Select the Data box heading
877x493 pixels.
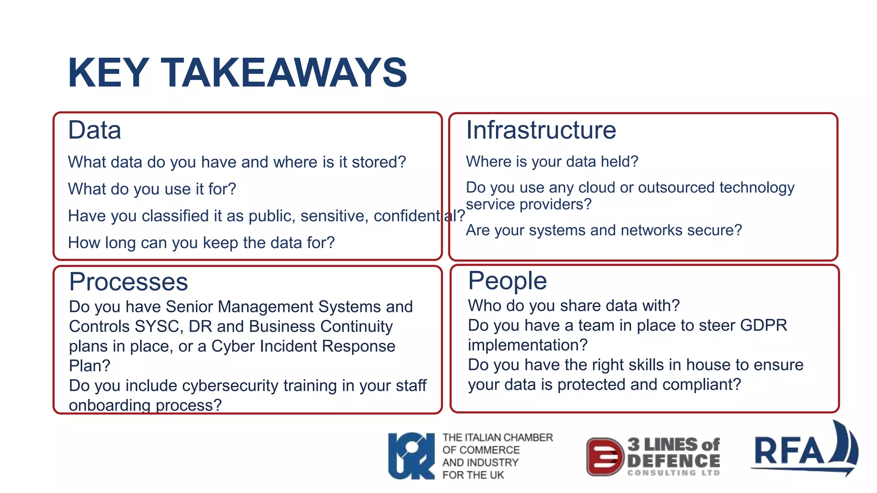95,130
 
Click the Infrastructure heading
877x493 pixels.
541,130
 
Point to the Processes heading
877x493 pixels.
128,282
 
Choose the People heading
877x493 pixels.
507,281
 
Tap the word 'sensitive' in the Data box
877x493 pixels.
333,216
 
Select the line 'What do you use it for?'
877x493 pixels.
152,189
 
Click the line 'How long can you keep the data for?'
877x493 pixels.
201,243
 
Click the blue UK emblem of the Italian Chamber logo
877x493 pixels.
411,456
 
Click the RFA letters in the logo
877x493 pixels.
789,451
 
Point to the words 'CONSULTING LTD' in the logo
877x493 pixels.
674,473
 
